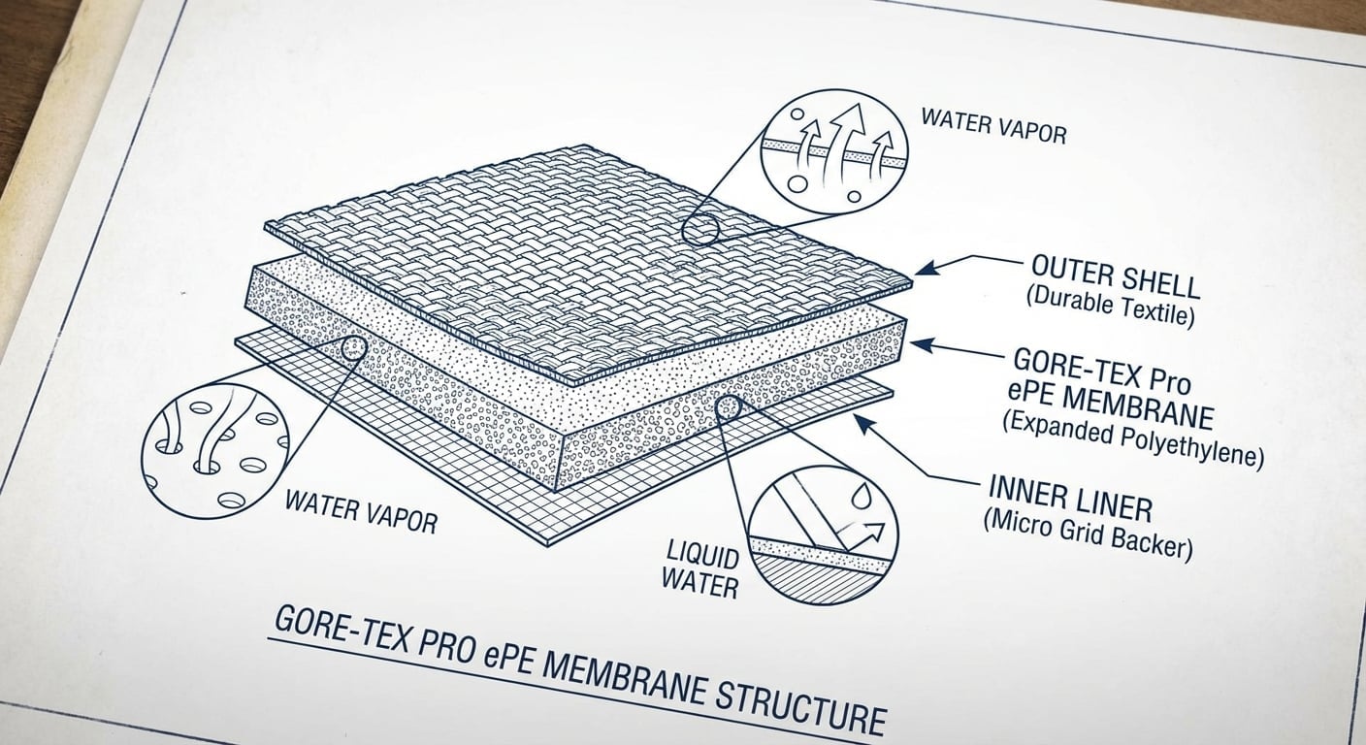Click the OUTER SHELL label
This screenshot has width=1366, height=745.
pos(1116,277)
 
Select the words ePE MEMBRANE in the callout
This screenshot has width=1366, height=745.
pos(1110,406)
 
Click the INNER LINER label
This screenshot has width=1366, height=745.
pos(1070,499)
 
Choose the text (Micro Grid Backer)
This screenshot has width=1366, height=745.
pos(1088,531)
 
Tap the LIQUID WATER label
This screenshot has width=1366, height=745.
pos(700,569)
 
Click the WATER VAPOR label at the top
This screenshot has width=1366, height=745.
pos(993,126)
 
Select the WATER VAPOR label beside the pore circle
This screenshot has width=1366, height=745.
pos(361,512)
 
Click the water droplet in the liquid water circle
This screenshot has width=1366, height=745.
pos(862,495)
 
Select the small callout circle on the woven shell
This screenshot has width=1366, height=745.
pos(699,231)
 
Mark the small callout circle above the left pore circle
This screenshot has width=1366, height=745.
pos(354,348)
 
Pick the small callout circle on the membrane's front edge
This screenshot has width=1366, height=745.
pos(727,406)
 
